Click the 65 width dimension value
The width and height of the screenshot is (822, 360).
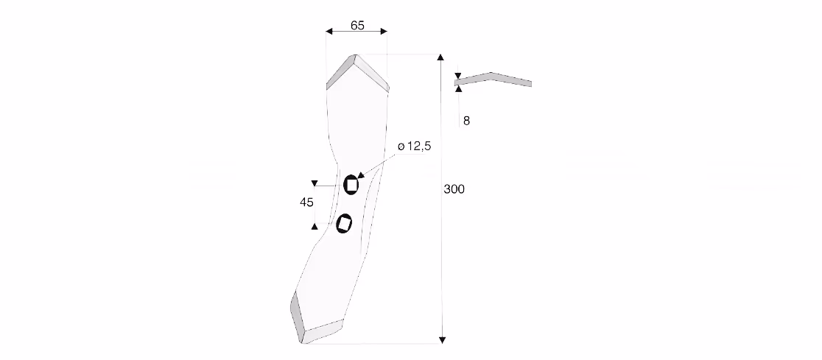[x=357, y=25]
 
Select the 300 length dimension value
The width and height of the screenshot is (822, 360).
[x=454, y=189]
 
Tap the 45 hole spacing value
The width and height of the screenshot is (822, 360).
[x=306, y=202]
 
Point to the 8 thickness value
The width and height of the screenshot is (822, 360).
[x=466, y=121]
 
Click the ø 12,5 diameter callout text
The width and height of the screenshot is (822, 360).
[x=414, y=147]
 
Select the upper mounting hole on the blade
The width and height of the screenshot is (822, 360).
[x=351, y=185]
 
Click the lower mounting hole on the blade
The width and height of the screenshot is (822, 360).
[x=344, y=224]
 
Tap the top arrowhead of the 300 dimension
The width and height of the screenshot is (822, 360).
[x=440, y=57]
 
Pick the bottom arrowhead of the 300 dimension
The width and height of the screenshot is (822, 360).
[x=442, y=340]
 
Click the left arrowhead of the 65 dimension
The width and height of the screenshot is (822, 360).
[x=329, y=32]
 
